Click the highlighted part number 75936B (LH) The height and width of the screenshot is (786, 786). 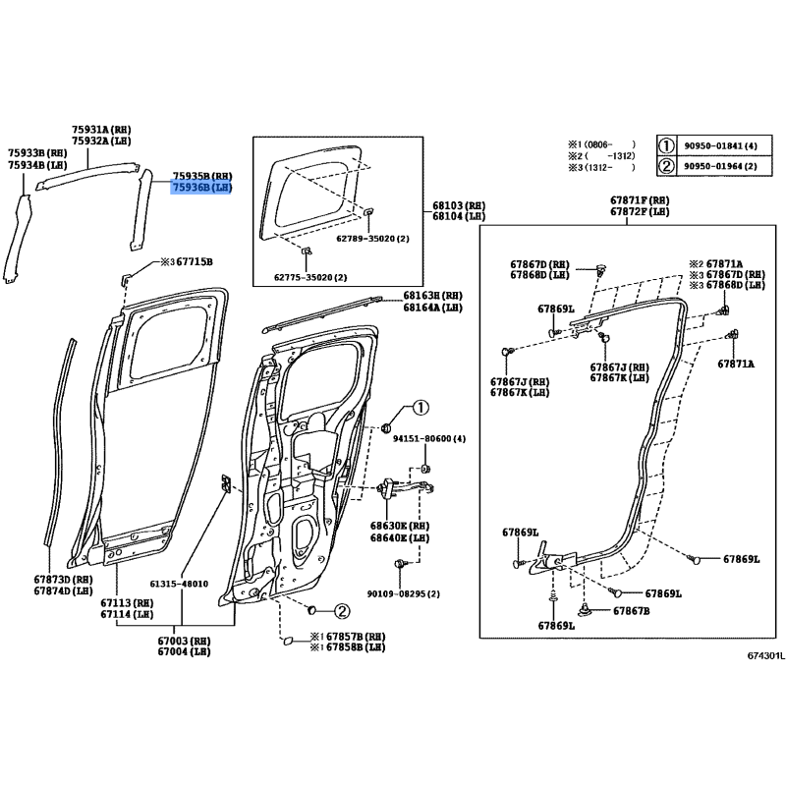202,188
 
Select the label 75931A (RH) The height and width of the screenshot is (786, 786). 101,130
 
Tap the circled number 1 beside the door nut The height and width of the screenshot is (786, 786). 421,408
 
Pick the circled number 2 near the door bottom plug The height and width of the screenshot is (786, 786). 341,611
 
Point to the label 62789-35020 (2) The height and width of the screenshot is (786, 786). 372,239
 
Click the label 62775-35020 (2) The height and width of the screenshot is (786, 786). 310,277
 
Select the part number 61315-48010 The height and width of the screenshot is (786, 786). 179,584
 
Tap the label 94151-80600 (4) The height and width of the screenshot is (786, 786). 429,438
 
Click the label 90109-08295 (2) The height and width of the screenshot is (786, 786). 404,594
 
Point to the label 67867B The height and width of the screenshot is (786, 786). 632,611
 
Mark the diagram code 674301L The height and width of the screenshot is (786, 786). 766,655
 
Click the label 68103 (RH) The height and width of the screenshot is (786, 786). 459,205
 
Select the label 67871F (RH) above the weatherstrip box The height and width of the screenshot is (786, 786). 640,200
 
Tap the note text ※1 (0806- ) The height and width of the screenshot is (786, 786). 601,144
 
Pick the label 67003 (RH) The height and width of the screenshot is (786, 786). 184,642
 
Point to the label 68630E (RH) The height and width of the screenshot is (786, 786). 400,527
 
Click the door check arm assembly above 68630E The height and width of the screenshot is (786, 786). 405,488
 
